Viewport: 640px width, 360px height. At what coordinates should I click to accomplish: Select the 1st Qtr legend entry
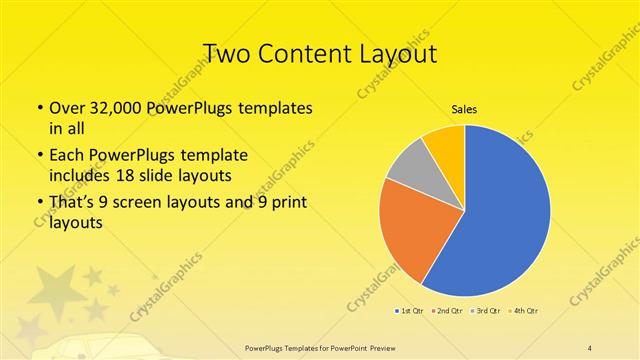coord(411,311)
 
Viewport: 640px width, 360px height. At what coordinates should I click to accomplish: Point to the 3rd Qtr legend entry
coord(487,311)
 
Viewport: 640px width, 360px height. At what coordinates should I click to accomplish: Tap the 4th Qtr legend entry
coord(525,311)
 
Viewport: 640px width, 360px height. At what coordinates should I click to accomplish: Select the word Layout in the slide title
coord(400,52)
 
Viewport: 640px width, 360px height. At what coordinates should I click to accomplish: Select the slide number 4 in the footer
coord(590,347)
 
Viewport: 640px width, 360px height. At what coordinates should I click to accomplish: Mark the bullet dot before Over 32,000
coord(38,108)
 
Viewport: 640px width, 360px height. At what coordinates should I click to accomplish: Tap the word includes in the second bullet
coord(83,175)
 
